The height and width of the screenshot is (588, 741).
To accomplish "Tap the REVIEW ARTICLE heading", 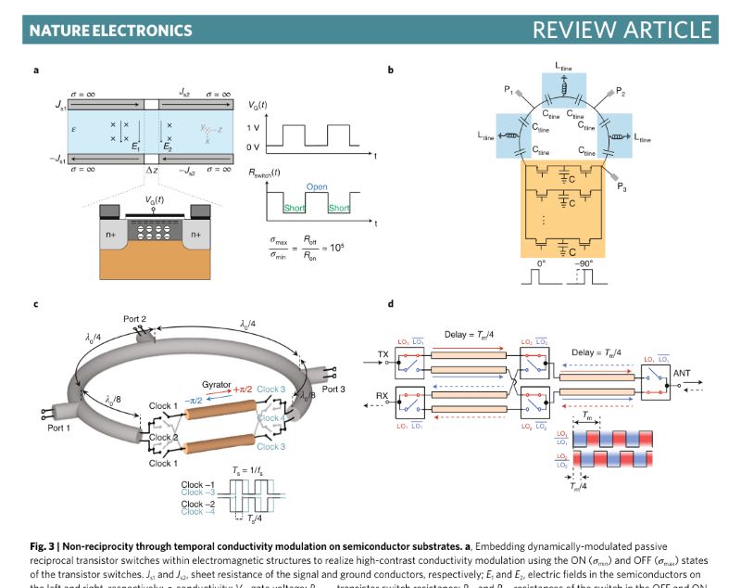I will (x=622, y=30).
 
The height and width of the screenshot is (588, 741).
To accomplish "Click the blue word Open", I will (x=317, y=186).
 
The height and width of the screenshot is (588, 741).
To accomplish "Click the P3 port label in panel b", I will (x=622, y=185).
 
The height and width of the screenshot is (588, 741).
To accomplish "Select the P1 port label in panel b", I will (x=509, y=90).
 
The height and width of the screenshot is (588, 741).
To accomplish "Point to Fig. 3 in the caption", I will (x=43, y=546).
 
